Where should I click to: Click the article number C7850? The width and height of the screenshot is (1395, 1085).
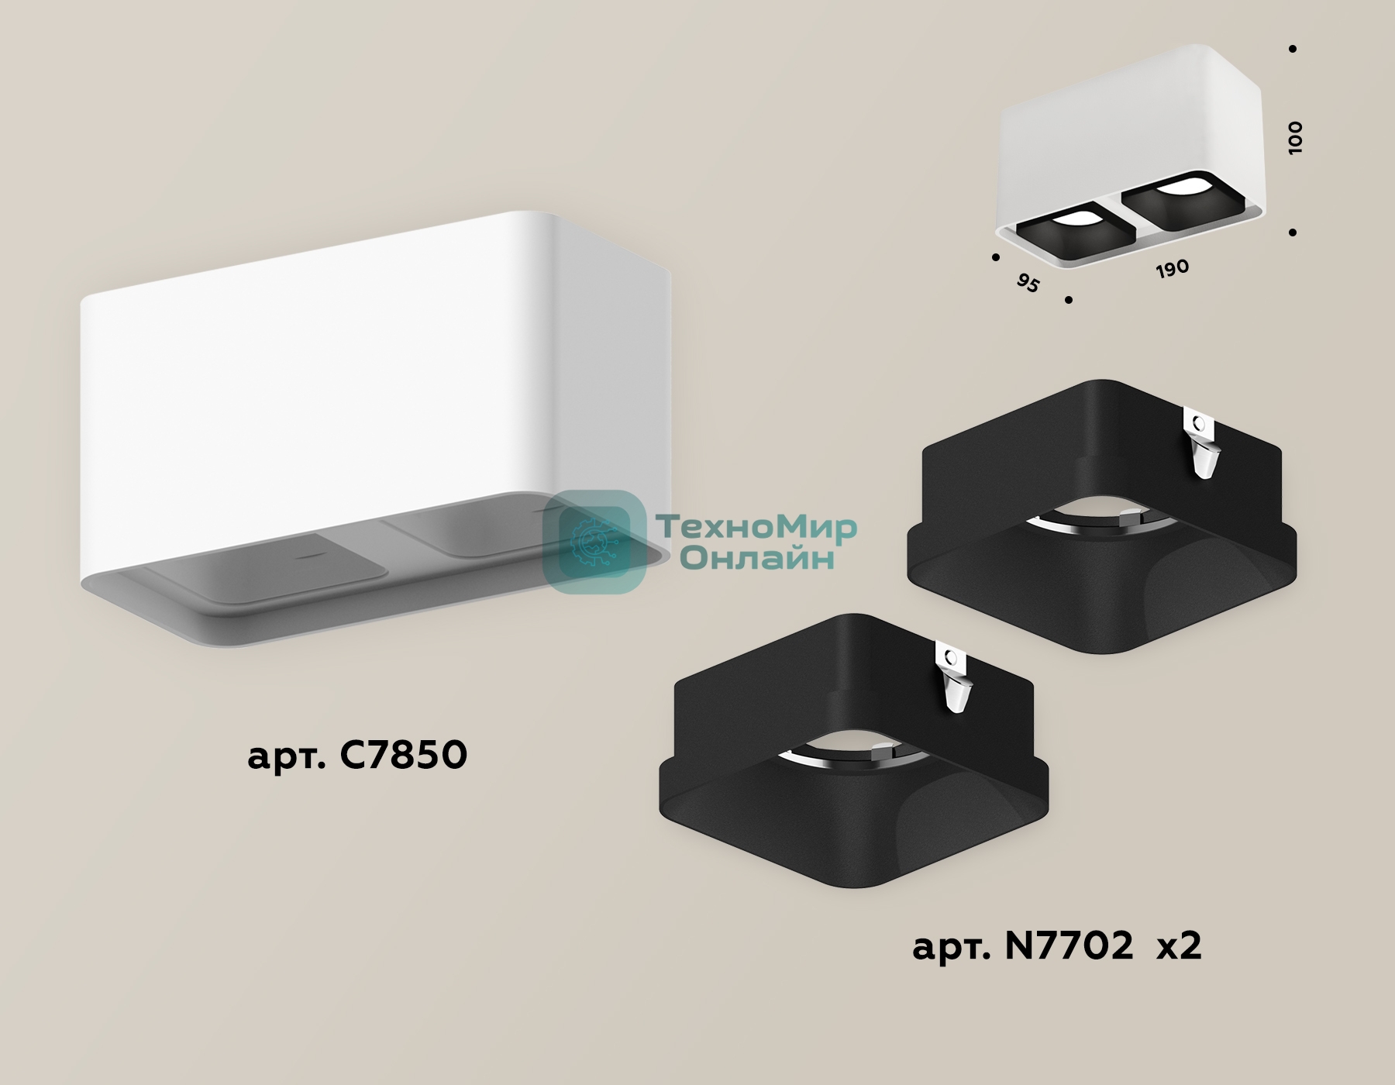403,754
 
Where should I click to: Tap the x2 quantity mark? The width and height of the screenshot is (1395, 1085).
1179,946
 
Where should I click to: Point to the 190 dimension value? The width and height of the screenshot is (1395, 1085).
1173,269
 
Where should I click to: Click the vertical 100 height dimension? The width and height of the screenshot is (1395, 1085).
1294,138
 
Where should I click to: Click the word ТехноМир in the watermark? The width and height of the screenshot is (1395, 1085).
756,528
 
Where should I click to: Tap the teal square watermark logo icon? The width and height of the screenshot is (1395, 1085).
594,542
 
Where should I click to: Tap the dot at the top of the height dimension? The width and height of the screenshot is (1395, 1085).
1293,49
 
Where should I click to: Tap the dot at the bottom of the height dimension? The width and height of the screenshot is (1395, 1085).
1293,232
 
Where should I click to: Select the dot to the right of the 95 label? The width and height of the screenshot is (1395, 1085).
1069,300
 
